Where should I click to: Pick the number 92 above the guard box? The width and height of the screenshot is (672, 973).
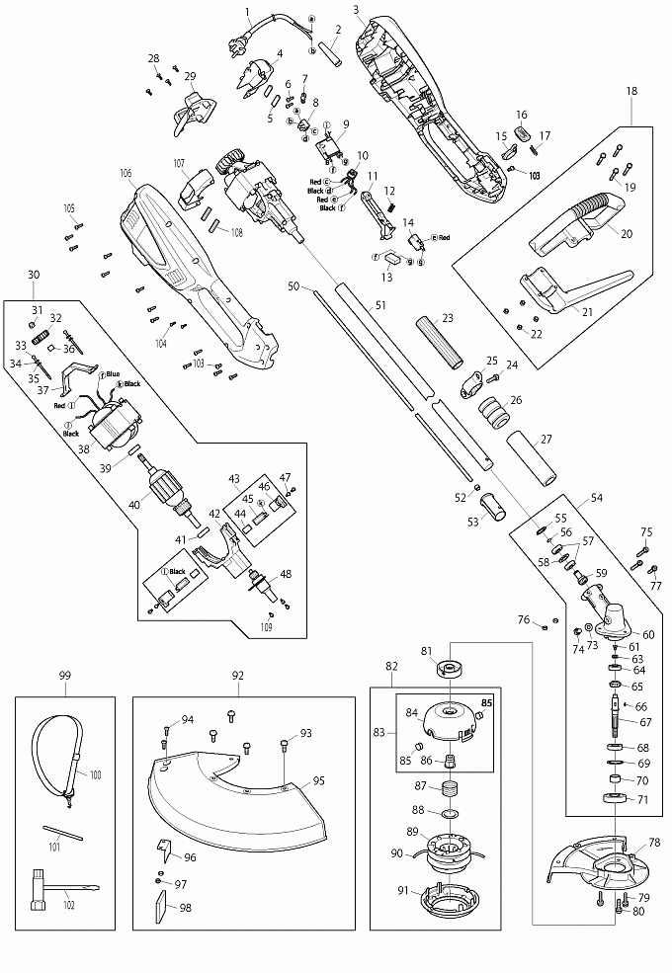tap(237, 677)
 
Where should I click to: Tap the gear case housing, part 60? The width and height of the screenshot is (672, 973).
tap(606, 616)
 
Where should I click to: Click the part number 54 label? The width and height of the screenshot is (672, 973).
tap(596, 498)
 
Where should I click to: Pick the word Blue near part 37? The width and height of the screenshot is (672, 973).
tap(113, 373)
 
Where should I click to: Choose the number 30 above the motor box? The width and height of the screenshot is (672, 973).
tap(34, 274)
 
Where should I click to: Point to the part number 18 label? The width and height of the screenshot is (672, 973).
tap(630, 91)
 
